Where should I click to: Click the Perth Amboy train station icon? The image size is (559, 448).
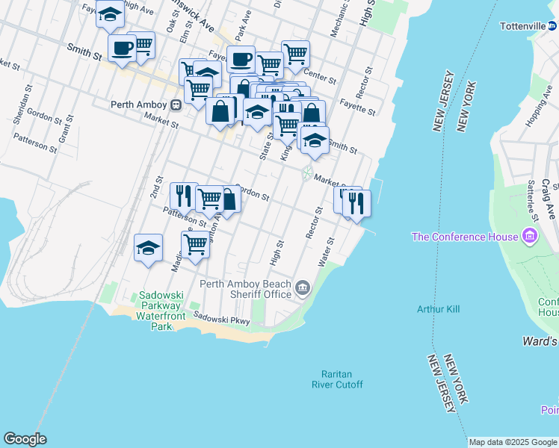(x=176, y=105)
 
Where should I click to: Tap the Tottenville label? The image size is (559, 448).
(x=522, y=25)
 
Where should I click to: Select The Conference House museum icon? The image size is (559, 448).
(x=530, y=237)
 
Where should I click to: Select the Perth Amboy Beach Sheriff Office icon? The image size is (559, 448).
(x=303, y=287)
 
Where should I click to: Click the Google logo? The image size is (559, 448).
(x=25, y=439)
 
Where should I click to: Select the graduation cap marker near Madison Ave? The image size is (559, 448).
(x=149, y=247)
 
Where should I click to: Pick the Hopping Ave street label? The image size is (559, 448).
(x=538, y=109)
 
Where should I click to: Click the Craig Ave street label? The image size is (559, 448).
(x=547, y=193)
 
